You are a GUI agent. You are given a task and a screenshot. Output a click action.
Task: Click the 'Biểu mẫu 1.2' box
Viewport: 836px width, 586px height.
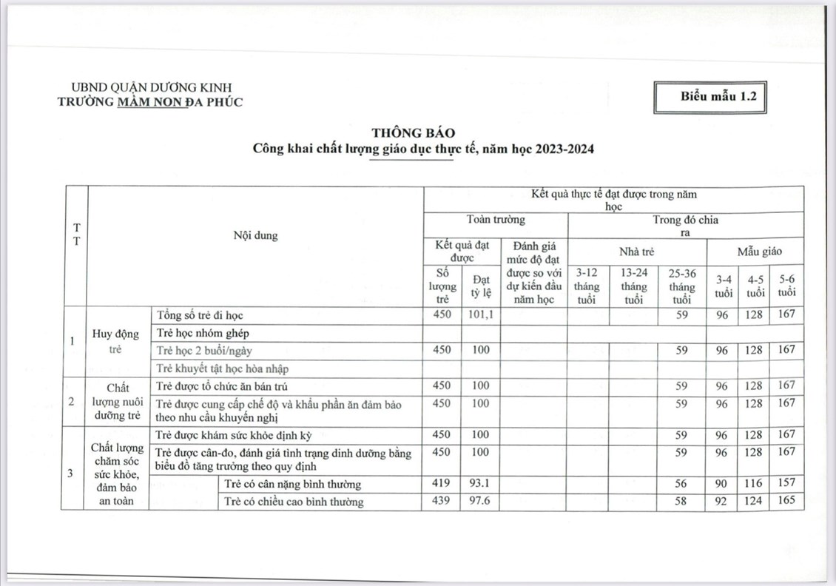pyautogui.click(x=709, y=96)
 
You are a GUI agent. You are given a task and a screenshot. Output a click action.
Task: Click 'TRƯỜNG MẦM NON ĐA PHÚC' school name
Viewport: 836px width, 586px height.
pyautogui.click(x=149, y=102)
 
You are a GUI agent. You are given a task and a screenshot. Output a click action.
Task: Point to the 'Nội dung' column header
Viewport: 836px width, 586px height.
pyautogui.click(x=255, y=236)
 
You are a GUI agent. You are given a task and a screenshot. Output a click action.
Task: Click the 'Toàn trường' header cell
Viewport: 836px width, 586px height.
pyautogui.click(x=496, y=220)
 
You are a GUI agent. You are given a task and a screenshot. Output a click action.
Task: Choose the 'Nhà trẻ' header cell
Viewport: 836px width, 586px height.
pyautogui.click(x=636, y=252)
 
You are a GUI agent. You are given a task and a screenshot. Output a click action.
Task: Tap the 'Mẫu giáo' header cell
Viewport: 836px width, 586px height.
pyautogui.click(x=755, y=252)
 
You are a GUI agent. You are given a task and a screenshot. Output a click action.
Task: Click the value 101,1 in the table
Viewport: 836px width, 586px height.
pyautogui.click(x=481, y=314)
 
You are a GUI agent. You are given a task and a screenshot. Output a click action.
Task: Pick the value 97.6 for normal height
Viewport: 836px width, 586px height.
pyautogui.click(x=481, y=501)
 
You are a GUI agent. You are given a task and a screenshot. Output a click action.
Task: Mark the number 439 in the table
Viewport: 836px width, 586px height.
pyautogui.click(x=442, y=501)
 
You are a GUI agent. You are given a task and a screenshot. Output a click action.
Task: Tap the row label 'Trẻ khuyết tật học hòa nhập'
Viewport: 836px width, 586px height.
pyautogui.click(x=222, y=368)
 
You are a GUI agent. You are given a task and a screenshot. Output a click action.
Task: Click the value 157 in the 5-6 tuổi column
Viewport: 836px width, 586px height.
pyautogui.click(x=786, y=483)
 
